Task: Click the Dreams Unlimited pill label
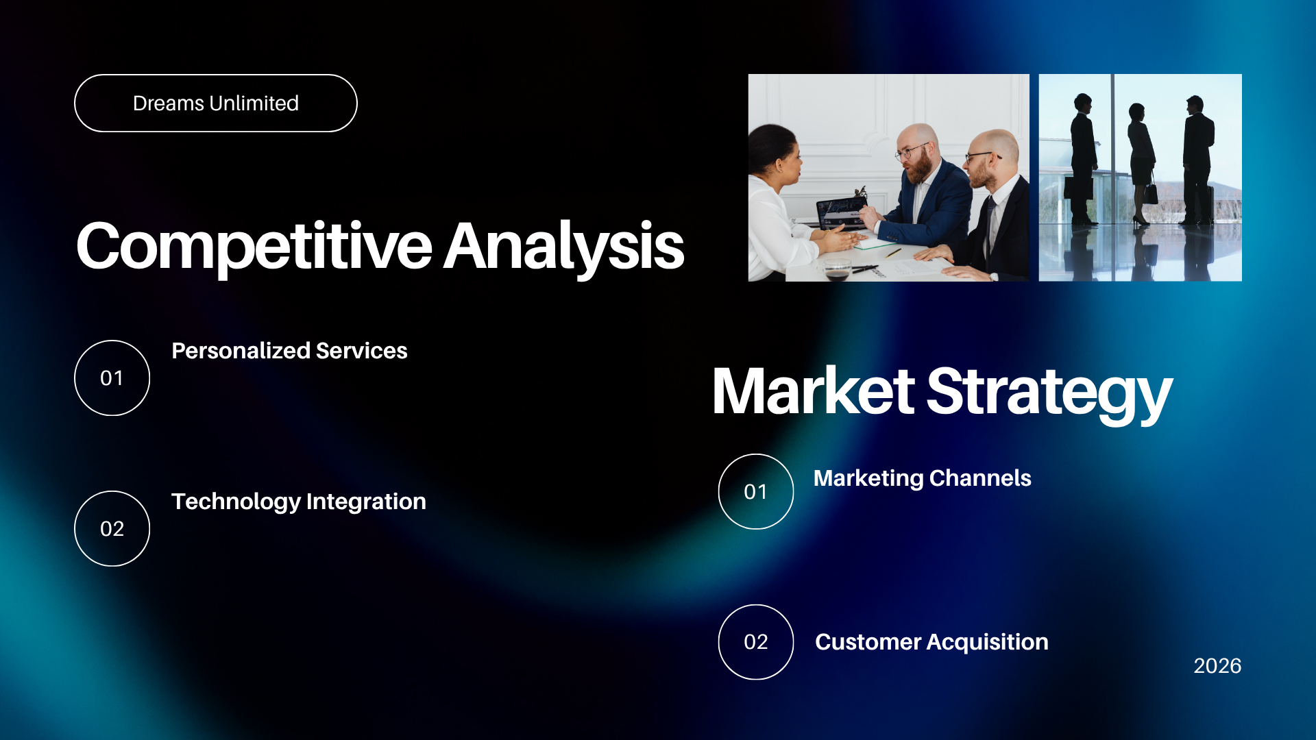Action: point(216,103)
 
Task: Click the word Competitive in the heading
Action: point(254,247)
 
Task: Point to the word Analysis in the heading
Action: point(564,247)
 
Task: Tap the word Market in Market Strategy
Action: point(814,391)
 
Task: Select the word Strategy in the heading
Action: point(1049,394)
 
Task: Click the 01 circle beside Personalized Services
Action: point(112,378)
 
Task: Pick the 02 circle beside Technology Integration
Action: point(112,528)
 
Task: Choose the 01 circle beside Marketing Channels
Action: point(756,491)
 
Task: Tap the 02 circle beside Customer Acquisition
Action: point(756,642)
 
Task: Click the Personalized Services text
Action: point(289,351)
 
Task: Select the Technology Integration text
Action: point(299,502)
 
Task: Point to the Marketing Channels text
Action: point(922,478)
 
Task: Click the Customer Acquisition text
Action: point(931,642)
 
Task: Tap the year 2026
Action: point(1217,666)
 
